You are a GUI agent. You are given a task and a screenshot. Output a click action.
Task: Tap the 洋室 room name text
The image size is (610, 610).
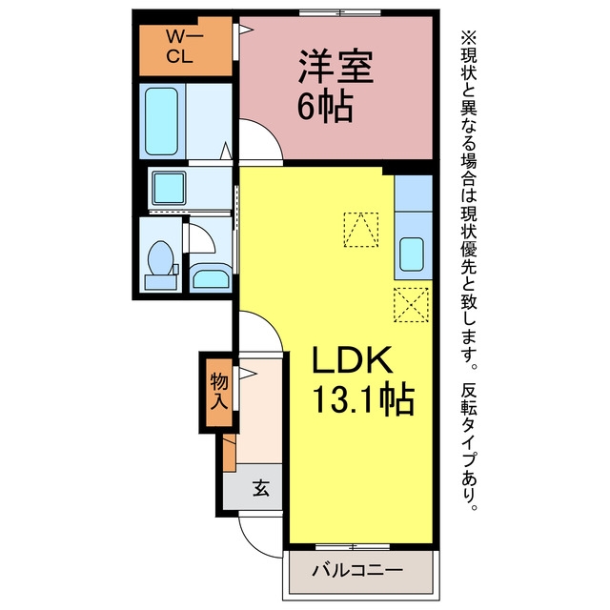pyautogui.click(x=335, y=67)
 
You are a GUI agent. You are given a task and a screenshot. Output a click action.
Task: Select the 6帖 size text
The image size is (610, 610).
pyautogui.click(x=325, y=108)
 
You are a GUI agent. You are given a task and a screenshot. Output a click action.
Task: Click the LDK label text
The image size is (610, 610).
pyautogui.click(x=352, y=359)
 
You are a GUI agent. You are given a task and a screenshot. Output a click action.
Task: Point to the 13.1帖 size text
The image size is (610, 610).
pyautogui.click(x=363, y=399)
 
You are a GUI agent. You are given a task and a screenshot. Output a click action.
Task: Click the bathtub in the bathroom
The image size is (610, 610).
pyautogui.click(x=162, y=121)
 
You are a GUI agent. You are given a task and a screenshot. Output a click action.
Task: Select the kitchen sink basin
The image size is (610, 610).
pyautogui.click(x=412, y=254)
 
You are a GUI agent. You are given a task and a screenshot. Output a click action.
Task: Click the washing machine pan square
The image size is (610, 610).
pyautogui.click(x=169, y=189)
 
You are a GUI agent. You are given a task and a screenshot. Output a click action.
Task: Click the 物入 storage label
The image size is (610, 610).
pyautogui.click(x=218, y=392)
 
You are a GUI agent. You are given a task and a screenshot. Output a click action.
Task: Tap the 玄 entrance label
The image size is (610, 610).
pyautogui.click(x=261, y=487)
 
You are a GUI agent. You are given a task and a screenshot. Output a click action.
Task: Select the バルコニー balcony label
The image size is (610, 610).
pyautogui.click(x=357, y=571)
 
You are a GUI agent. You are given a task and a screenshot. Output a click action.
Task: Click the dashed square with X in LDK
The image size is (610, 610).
pyautogui.click(x=411, y=305)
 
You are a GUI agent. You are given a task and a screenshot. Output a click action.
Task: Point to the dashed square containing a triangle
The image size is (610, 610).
pyautogui.click(x=361, y=230)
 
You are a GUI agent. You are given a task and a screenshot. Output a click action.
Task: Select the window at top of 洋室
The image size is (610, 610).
pyautogui.click(x=339, y=12)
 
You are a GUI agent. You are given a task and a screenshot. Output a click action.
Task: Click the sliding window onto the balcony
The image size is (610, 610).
pyautogui.click(x=353, y=546)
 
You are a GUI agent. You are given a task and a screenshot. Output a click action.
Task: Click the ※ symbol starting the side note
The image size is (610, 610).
pyautogui.click(x=468, y=38)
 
